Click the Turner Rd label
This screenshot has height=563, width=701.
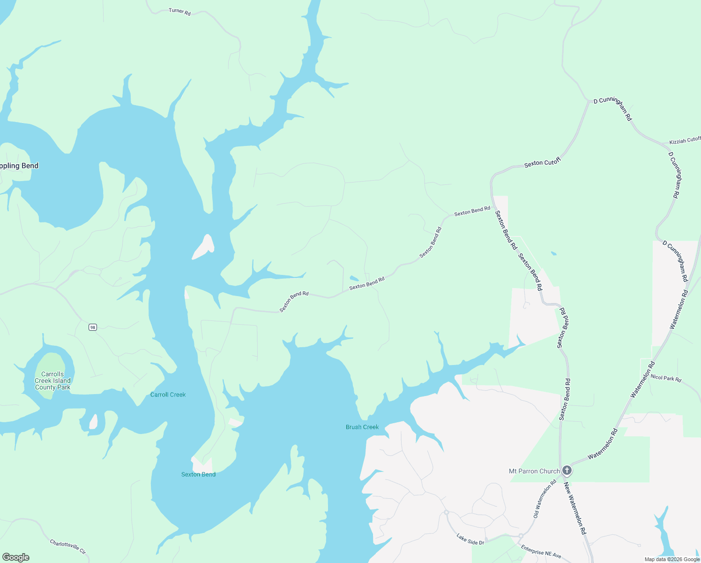tap(179, 11)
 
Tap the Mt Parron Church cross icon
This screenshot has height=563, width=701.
tap(567, 471)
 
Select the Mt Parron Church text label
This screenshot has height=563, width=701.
tap(534, 471)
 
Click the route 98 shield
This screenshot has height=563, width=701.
tap(93, 327)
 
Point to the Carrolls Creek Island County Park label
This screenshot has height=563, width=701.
tap(52, 380)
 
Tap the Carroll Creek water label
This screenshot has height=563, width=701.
tap(168, 395)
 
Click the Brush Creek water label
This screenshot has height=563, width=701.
tap(362, 427)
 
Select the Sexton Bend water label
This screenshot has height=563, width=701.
tap(198, 474)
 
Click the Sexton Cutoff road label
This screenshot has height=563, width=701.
tap(542, 163)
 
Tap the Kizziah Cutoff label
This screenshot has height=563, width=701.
tap(685, 140)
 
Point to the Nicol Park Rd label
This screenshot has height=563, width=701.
tap(666, 378)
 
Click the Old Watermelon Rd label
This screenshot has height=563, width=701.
tap(544, 498)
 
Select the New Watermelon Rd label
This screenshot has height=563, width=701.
tap(575, 508)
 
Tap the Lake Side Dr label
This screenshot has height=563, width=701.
tap(470, 539)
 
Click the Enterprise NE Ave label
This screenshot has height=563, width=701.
tap(541, 552)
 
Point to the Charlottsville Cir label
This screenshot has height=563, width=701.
tap(68, 546)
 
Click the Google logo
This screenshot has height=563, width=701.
tap(15, 557)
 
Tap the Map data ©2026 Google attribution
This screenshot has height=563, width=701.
tap(672, 559)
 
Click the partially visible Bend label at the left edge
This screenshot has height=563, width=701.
tap(19, 166)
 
